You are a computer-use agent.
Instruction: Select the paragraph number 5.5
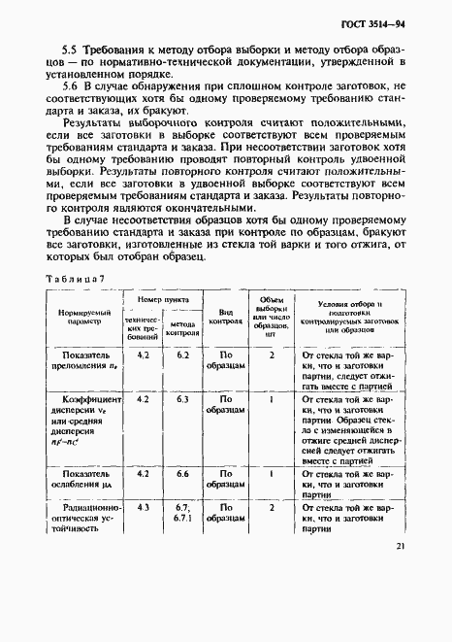pos(71,48)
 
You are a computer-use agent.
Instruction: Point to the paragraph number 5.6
pos(71,85)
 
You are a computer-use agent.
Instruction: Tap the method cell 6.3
pos(181,398)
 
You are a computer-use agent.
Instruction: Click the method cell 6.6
pos(181,473)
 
